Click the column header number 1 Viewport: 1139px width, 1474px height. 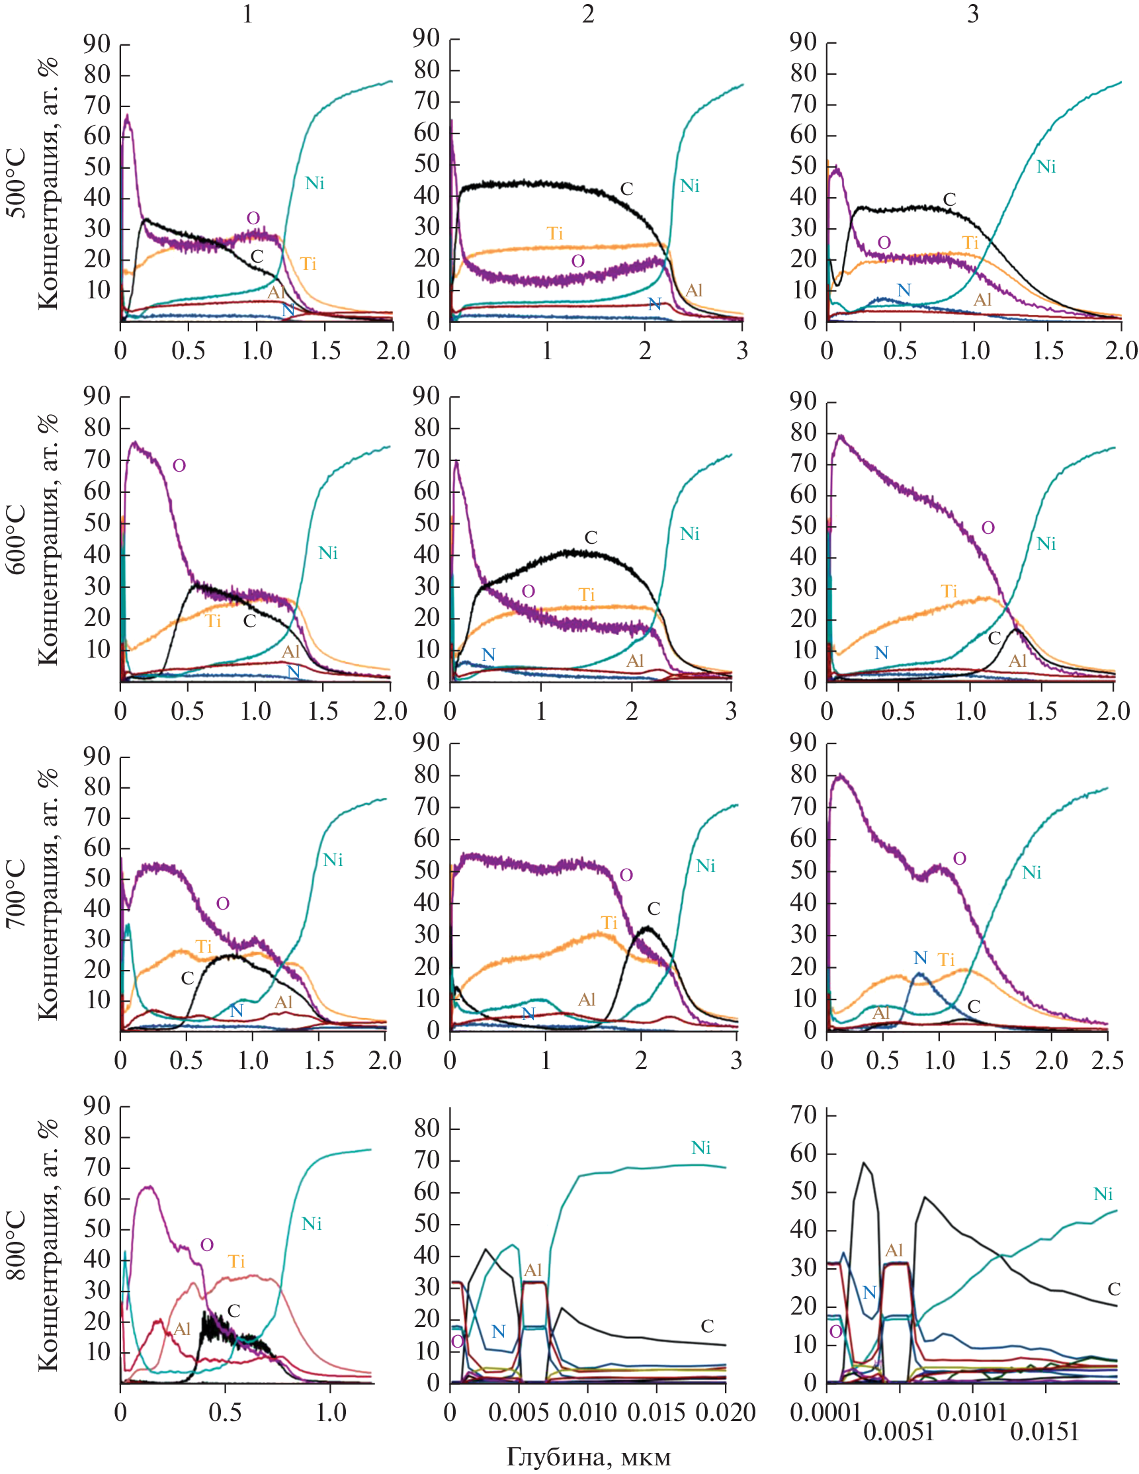click(247, 14)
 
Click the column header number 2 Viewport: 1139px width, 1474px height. click(588, 14)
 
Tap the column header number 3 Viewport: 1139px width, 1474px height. click(972, 14)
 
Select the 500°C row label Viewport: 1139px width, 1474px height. click(17, 183)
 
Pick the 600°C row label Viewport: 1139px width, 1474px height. click(17, 539)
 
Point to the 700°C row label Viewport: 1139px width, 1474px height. click(17, 894)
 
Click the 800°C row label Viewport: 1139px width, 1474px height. click(17, 1245)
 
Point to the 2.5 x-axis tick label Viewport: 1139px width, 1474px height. click(1107, 1061)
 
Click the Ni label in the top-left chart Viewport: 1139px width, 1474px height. click(314, 183)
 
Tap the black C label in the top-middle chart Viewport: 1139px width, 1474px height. click(626, 189)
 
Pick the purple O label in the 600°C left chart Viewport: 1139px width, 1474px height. click(179, 466)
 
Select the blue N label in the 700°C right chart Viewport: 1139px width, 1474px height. click(920, 958)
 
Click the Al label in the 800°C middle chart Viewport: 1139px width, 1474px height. click(533, 1270)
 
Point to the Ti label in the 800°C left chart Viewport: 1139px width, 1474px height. click(236, 1262)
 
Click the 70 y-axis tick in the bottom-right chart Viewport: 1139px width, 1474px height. click(804, 1114)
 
